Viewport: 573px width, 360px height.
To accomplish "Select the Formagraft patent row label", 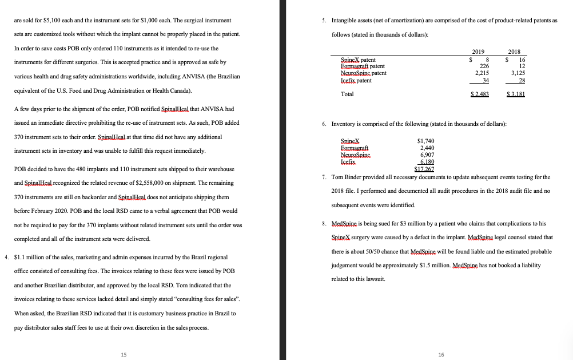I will coord(363,66).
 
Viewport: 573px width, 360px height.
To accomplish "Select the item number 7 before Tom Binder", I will coord(324,177).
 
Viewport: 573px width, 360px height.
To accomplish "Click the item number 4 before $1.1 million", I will coord(6,256).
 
